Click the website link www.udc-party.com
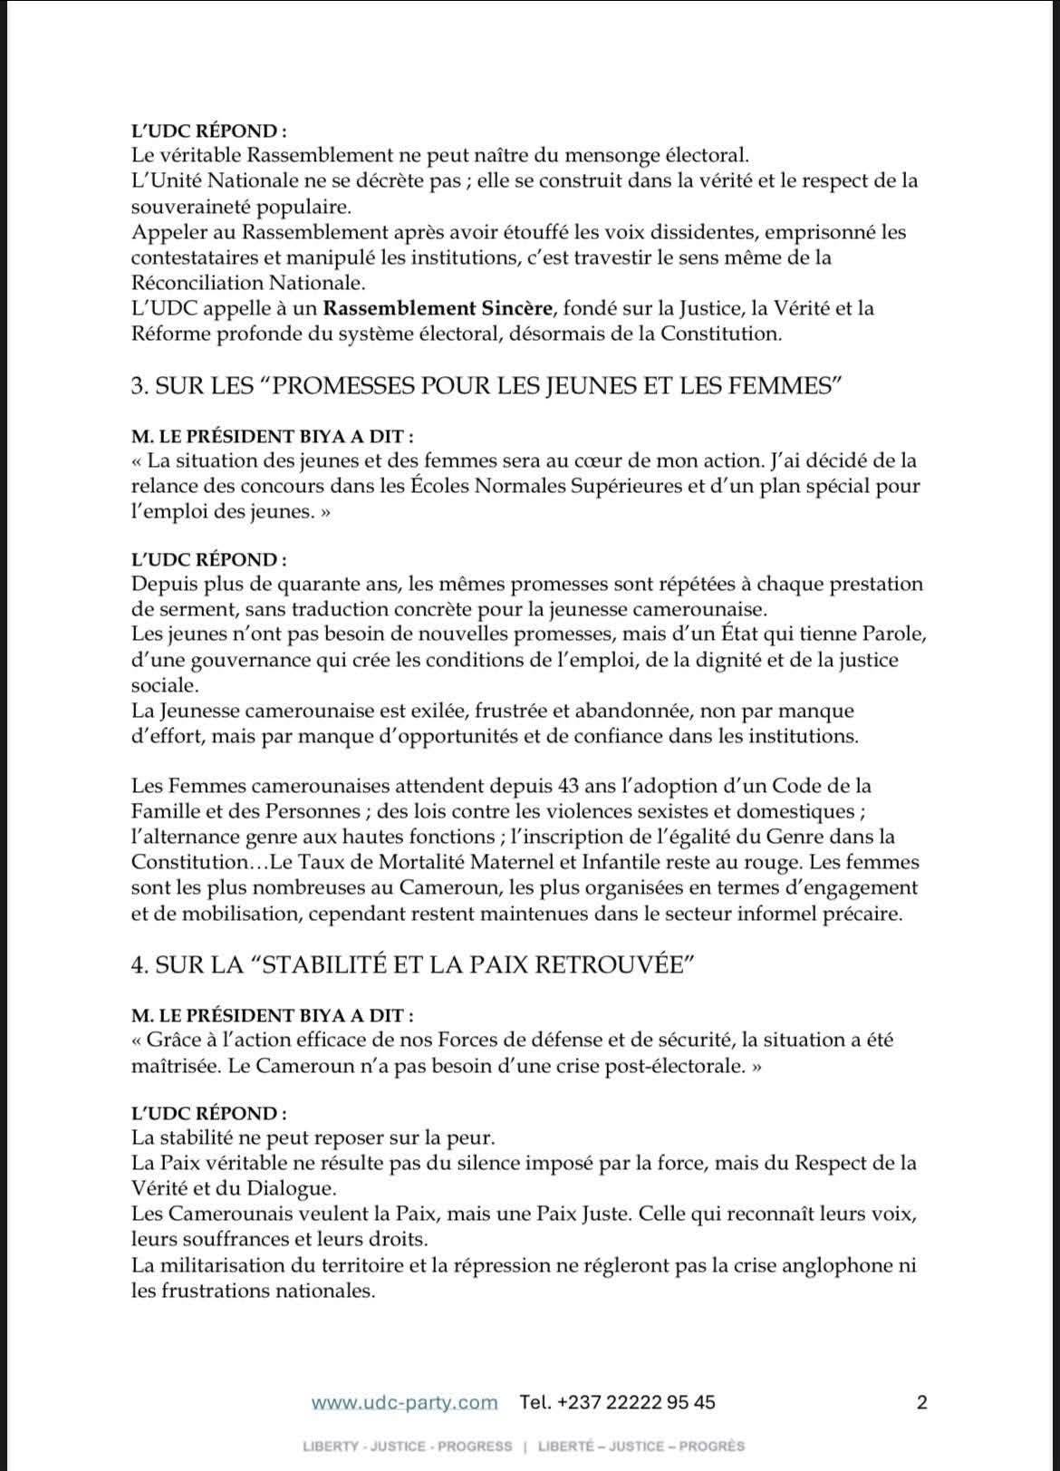[x=404, y=1402]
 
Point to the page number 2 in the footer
[x=922, y=1402]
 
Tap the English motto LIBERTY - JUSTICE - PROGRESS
[x=408, y=1447]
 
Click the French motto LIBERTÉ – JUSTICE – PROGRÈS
[x=641, y=1447]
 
